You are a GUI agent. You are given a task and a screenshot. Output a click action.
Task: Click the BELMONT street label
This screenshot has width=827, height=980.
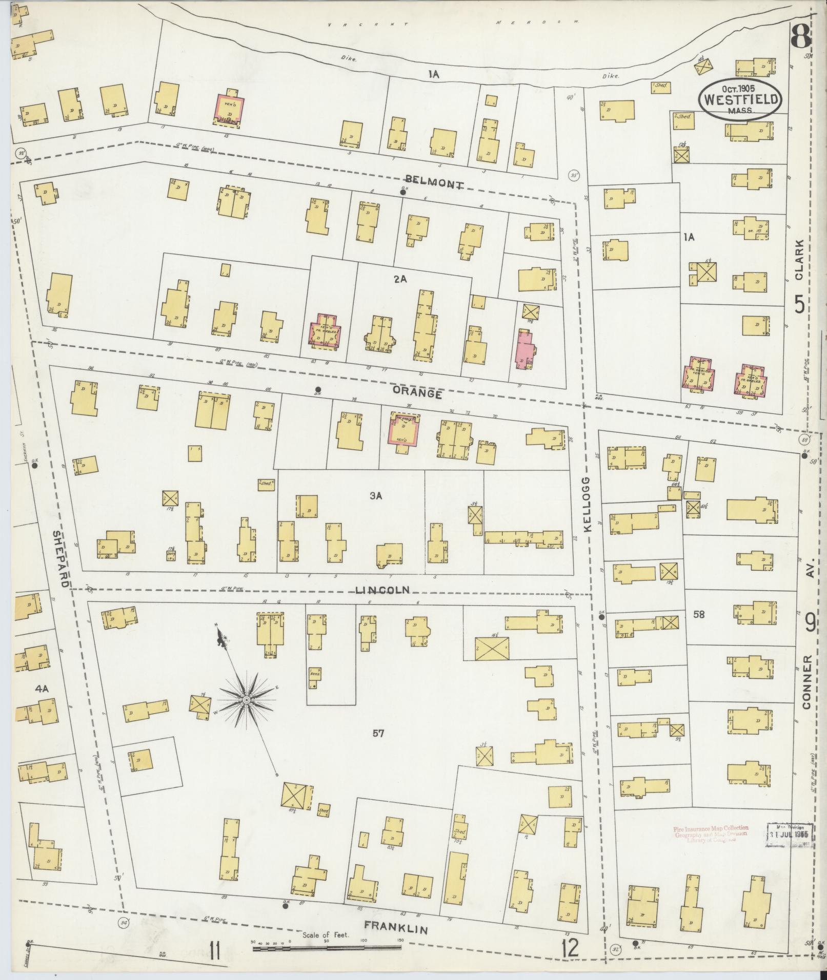point(433,183)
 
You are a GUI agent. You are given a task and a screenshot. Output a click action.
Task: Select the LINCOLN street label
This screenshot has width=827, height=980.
point(382,590)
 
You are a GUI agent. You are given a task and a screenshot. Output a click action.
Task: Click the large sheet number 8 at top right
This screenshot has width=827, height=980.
point(801,37)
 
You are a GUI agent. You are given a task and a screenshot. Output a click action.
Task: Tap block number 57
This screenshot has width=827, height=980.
point(379,734)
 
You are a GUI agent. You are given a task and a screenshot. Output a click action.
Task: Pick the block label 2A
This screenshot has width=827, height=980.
point(400,279)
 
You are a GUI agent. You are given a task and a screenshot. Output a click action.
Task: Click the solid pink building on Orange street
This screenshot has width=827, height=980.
point(525,349)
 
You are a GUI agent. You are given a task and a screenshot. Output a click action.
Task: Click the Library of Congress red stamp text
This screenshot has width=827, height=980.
point(710,833)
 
